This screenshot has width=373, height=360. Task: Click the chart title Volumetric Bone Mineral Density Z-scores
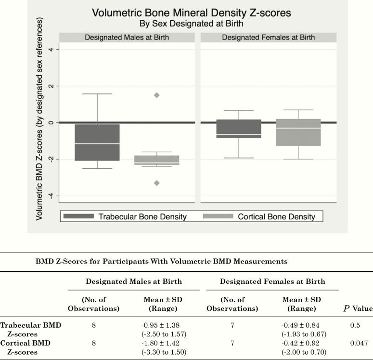191,13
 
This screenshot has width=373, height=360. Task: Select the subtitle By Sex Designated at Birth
191,23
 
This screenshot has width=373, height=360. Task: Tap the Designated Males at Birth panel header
127,38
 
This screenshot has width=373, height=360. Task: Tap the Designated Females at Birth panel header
268,38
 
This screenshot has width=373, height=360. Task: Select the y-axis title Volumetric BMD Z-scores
39,120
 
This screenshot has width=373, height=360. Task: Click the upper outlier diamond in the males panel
157,95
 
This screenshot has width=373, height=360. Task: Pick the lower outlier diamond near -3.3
157,183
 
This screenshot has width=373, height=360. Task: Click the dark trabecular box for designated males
97,142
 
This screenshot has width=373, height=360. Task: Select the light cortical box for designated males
157,160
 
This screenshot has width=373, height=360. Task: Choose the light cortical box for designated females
298,132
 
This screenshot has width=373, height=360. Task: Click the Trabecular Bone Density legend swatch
78,217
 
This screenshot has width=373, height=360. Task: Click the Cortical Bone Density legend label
276,217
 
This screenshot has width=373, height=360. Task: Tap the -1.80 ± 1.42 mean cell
163,343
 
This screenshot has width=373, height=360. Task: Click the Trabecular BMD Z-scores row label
30,329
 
